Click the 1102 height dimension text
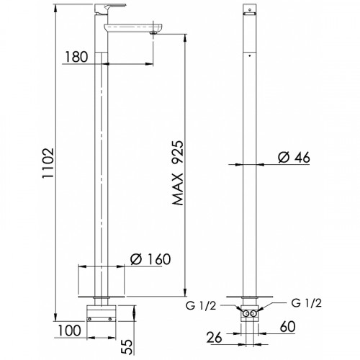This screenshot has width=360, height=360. (x=48, y=163)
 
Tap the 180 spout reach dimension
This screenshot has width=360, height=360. (x=76, y=57)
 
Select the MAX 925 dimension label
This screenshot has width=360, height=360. (x=178, y=173)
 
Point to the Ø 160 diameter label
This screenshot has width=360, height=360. (x=150, y=259)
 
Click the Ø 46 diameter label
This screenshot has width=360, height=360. (x=294, y=158)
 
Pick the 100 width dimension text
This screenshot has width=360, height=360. (x=69, y=330)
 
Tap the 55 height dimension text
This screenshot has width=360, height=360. (x=127, y=346)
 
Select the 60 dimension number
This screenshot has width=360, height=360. (x=287, y=327)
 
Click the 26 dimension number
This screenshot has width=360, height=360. (x=215, y=338)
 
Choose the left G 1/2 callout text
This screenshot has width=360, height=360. (x=201, y=306)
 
